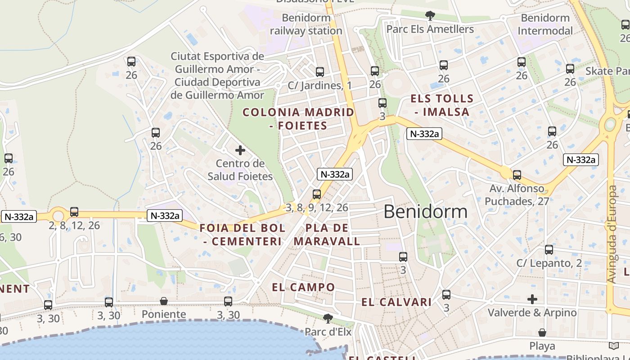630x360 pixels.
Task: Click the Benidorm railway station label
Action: (306, 24)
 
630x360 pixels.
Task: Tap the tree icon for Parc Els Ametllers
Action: (430, 16)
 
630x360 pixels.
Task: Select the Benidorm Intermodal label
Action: (545, 24)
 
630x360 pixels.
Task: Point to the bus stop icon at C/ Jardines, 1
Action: (320, 72)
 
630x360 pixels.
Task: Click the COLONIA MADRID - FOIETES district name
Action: (298, 119)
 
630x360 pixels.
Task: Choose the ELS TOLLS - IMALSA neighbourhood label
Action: (442, 105)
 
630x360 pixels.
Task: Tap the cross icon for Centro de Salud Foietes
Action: (240, 150)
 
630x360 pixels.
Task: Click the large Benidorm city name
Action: (425, 211)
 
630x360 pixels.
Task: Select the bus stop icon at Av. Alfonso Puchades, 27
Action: (517, 175)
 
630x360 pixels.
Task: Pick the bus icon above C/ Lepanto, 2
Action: (549, 250)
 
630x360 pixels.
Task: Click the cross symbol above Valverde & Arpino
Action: (532, 299)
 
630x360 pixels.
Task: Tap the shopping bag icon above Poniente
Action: (164, 301)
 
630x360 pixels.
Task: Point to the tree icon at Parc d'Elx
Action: (328, 319)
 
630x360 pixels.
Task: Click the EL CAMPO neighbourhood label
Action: (303, 287)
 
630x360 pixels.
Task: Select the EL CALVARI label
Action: (396, 302)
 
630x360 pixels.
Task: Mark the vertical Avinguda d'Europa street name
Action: (611, 234)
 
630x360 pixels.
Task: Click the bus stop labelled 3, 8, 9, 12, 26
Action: (317, 194)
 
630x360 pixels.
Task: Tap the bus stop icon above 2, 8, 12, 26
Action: (74, 212)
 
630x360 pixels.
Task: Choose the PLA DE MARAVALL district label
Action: (327, 234)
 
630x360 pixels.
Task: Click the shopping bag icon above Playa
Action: (542, 333)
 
